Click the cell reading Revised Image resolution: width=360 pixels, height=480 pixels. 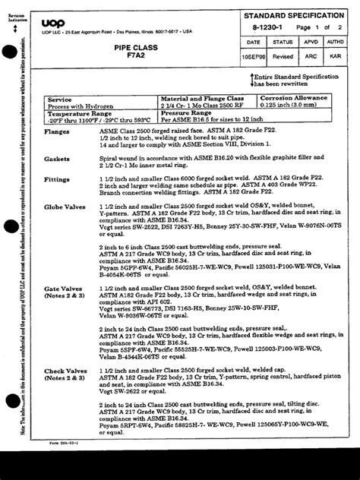pos(282,57)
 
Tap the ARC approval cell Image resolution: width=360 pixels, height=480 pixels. pos(310,57)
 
